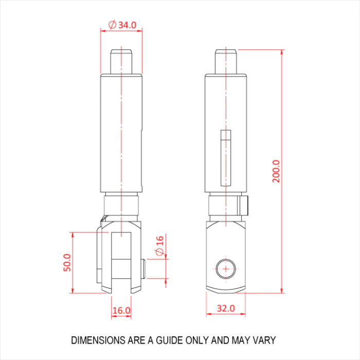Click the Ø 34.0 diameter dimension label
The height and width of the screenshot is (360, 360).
pyautogui.click(x=122, y=25)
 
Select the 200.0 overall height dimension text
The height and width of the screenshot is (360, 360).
pyautogui.click(x=276, y=171)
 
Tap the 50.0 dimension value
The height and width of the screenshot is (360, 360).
pyautogui.click(x=67, y=263)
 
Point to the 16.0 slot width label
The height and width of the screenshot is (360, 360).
pyautogui.click(x=121, y=311)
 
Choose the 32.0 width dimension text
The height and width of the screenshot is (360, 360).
pyautogui.click(x=226, y=308)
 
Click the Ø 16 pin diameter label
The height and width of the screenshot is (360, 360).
pyautogui.click(x=159, y=246)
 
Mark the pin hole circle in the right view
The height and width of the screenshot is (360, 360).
pyautogui.click(x=226, y=268)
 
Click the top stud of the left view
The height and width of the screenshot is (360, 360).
pyautogui.click(x=121, y=62)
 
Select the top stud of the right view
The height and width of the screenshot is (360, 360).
pyautogui.click(x=226, y=62)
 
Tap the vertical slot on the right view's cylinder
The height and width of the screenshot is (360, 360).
pyautogui.click(x=226, y=158)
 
